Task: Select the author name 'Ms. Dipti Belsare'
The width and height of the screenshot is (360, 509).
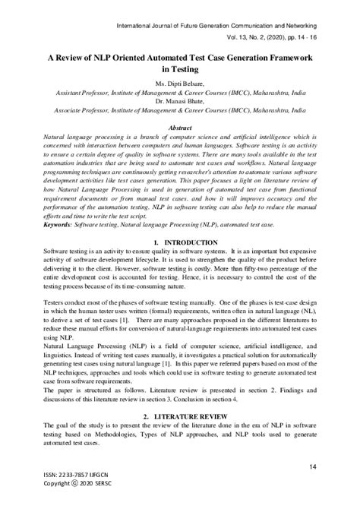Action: (x=180, y=83)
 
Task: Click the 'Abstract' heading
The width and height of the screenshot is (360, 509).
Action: (x=180, y=128)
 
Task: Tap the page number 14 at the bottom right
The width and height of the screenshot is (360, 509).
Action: (x=312, y=466)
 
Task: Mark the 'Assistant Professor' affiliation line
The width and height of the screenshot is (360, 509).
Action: (x=180, y=91)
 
